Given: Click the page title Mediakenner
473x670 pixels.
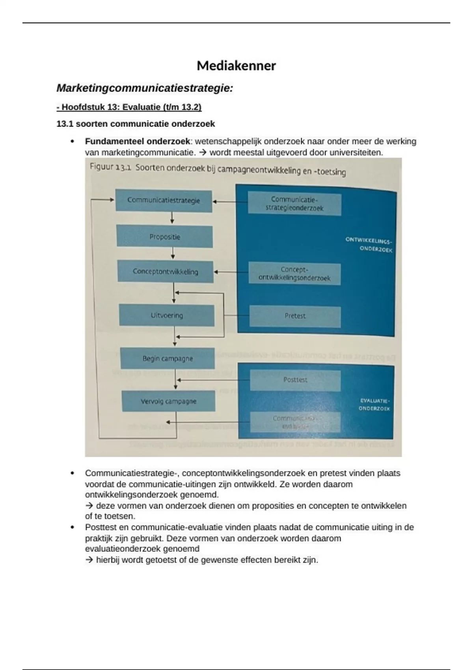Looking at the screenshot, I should click(236, 65).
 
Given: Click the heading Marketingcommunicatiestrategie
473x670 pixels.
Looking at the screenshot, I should click(145, 88).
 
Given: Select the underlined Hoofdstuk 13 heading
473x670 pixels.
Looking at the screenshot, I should click(129, 107).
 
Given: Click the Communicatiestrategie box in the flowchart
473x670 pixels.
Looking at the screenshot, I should click(164, 200).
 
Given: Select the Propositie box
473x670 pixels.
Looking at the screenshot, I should click(164, 237).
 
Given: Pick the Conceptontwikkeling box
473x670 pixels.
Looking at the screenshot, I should click(165, 272).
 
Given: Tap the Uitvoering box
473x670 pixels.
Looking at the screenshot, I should click(167, 315).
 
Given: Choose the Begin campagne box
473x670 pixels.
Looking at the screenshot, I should click(168, 359).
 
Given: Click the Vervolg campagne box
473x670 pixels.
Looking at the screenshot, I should click(168, 401).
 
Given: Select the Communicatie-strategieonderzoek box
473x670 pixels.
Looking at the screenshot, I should click(294, 204).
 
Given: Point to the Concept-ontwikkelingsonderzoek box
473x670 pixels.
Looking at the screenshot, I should click(294, 274).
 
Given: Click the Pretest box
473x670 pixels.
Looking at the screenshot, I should click(295, 316).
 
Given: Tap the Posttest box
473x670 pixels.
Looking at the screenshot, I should click(295, 380).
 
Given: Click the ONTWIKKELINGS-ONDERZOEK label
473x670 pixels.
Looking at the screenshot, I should click(369, 244).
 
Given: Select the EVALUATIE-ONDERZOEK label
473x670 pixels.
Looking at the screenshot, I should click(374, 405).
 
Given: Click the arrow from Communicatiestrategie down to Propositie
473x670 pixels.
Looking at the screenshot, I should click(172, 218).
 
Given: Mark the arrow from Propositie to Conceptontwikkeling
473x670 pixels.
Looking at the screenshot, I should click(173, 253).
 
